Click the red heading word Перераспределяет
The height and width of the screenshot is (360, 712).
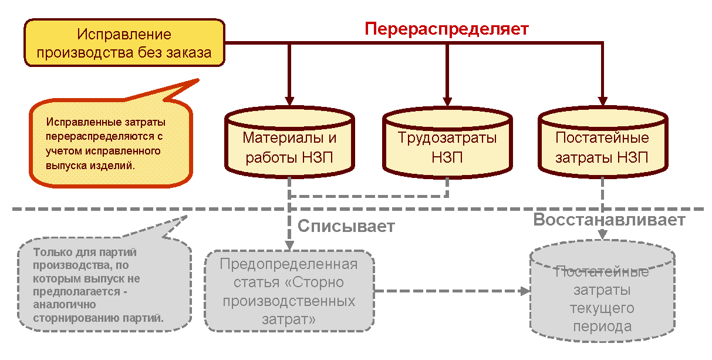tap(447, 29)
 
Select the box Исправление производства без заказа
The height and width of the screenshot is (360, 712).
tap(124, 43)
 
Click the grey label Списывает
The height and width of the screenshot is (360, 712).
tap(346, 226)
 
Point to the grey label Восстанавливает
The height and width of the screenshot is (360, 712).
tap(609, 220)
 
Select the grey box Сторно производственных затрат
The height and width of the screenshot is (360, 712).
tap(289, 291)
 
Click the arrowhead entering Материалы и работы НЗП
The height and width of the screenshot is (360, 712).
tap(290, 100)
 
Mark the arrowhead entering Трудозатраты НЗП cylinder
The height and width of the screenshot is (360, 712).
tap(447, 100)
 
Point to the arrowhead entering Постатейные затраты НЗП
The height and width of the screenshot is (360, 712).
tap(602, 100)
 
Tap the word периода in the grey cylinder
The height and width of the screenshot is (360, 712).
tap(602, 327)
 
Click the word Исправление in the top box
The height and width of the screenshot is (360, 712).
tap(124, 35)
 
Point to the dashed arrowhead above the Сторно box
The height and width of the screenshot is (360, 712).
tap(290, 245)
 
